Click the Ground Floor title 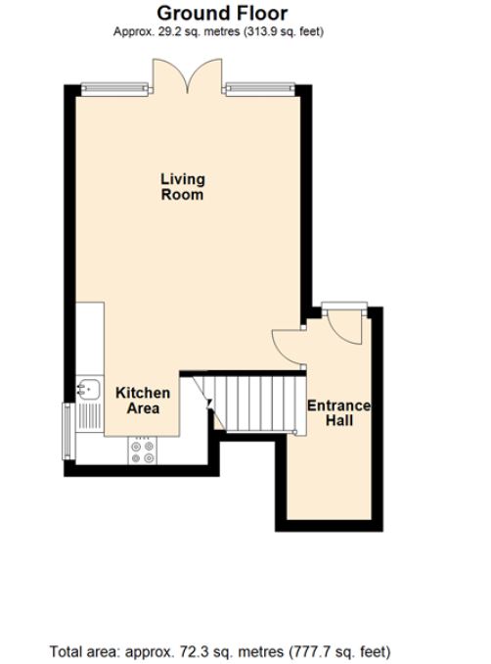pyautogui.click(x=222, y=13)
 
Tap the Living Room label pyautogui.click(x=183, y=186)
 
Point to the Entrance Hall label pyautogui.click(x=338, y=412)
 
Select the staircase pyautogui.click(x=252, y=402)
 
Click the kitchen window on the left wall pyautogui.click(x=67, y=431)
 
